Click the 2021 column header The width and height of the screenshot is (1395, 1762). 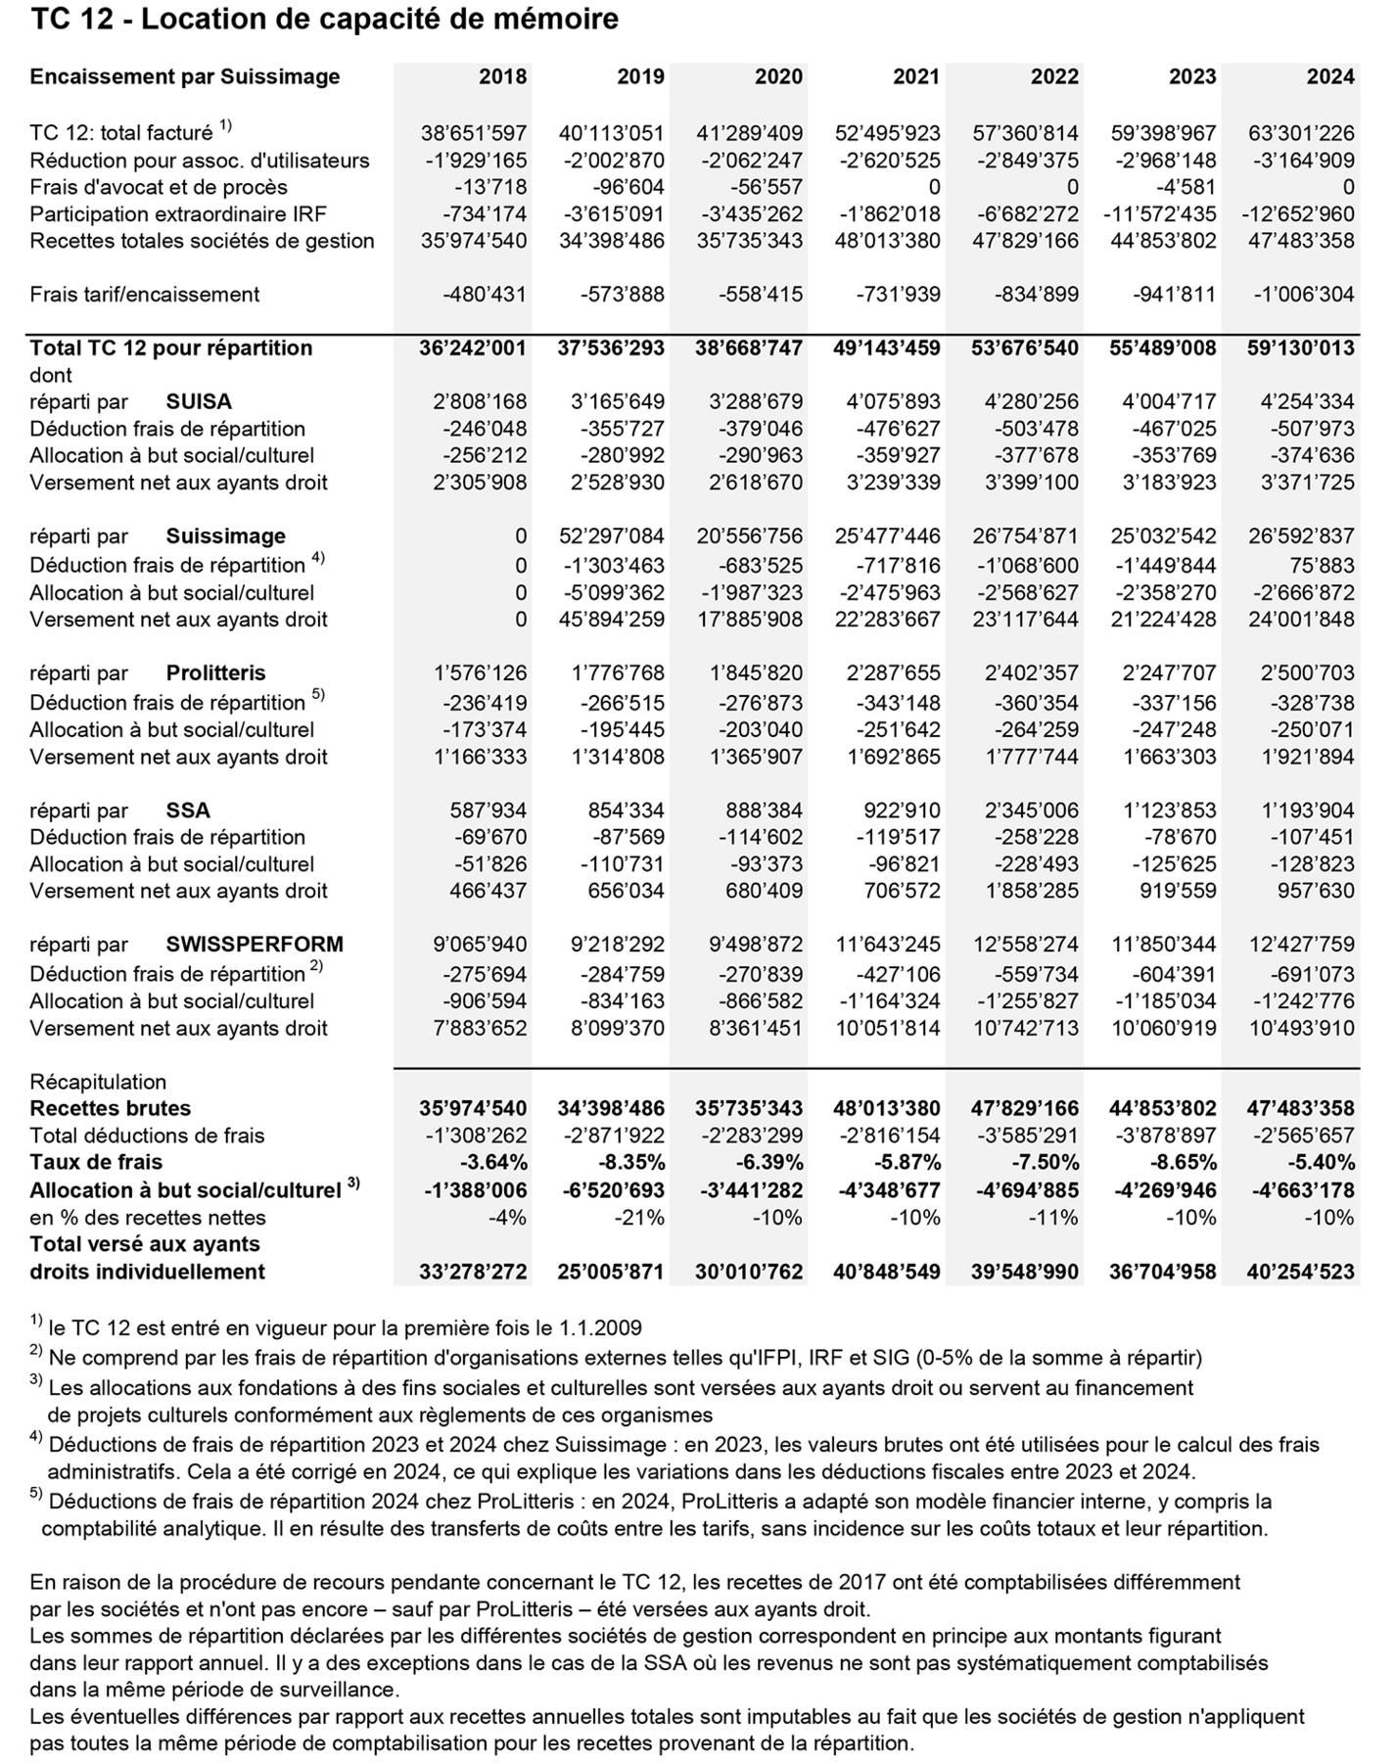(x=916, y=76)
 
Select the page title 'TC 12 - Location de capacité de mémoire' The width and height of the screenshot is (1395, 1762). (x=324, y=19)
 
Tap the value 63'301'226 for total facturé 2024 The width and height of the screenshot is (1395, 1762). (x=1301, y=133)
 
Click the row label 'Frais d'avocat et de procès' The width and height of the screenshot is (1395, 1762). (x=159, y=187)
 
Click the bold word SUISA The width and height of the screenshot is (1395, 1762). (x=199, y=401)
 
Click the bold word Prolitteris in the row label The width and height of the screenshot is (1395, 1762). (x=215, y=672)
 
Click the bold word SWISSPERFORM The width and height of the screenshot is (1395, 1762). (x=255, y=945)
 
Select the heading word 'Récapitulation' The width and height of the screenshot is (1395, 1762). (x=98, y=1082)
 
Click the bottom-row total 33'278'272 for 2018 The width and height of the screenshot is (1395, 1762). (x=472, y=1272)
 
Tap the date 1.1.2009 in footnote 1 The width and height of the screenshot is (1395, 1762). (x=600, y=1328)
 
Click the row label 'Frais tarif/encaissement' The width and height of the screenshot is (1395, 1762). (x=145, y=294)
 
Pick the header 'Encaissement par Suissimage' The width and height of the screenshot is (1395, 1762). (x=185, y=76)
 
